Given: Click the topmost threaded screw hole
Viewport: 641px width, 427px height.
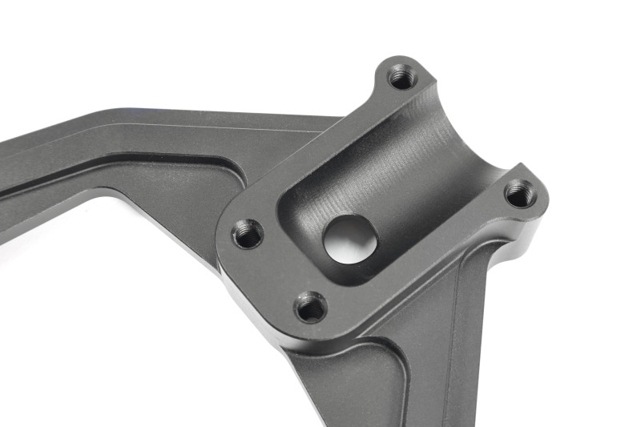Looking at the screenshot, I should point(401,77).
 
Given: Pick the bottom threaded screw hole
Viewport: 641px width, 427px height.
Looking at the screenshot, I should point(310,306).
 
